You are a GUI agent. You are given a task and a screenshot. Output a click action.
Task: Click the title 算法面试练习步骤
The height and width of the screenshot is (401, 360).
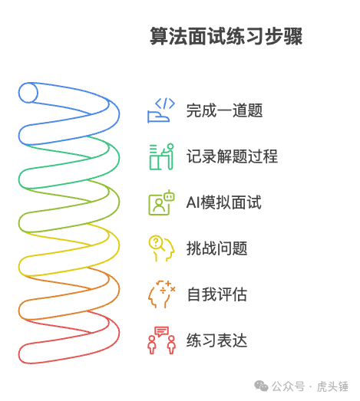click(226, 36)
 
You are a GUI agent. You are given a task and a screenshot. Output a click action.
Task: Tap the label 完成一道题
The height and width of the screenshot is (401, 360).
click(225, 110)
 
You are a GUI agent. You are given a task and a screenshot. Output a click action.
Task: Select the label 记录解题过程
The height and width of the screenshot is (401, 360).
click(232, 156)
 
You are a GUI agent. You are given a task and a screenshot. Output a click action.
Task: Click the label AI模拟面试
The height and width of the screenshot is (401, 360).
click(224, 202)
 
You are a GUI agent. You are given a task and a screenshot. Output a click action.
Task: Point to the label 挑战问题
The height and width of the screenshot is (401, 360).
click(217, 248)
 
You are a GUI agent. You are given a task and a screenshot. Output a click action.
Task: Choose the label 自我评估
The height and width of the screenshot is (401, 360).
click(217, 294)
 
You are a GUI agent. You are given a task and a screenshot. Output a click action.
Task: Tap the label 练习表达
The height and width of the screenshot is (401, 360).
click(217, 340)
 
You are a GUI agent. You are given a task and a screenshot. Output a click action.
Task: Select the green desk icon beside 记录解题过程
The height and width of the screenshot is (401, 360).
click(161, 156)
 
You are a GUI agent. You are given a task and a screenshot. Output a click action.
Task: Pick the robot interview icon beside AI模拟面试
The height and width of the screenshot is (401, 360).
click(161, 202)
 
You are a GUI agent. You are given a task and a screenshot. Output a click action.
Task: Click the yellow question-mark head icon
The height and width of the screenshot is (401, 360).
click(161, 248)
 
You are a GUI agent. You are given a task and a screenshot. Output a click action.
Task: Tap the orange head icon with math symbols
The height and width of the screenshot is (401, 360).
click(161, 294)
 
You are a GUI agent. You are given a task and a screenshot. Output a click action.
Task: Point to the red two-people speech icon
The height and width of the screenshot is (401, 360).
click(161, 340)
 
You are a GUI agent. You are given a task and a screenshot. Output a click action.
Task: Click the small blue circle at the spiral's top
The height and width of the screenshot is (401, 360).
click(28, 93)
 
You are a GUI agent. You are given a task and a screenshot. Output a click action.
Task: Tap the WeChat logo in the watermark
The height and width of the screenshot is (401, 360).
click(261, 386)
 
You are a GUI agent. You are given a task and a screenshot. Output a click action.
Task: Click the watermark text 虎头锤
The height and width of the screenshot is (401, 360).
click(332, 386)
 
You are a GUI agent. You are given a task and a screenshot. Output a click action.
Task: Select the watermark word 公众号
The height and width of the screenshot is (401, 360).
click(288, 386)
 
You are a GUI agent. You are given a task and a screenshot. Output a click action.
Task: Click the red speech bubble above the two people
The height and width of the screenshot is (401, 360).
click(161, 331)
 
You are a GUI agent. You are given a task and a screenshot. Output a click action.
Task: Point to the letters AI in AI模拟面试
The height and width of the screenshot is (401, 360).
click(193, 202)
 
